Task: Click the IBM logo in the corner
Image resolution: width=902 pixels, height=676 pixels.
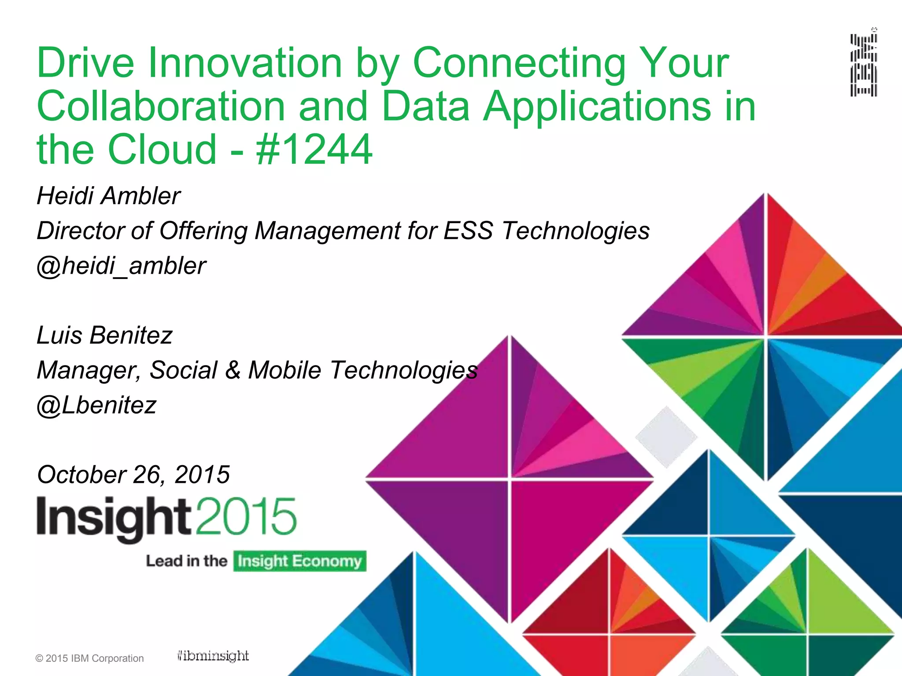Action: [x=864, y=65]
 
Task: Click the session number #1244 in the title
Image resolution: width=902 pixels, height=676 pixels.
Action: [x=314, y=150]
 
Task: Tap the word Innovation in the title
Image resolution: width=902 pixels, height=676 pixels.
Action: [x=245, y=63]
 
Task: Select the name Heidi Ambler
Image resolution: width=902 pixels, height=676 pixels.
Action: [x=108, y=196]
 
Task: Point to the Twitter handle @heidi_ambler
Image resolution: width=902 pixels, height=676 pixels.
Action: [x=121, y=266]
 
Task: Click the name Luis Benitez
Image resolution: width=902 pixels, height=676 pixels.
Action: [x=104, y=335]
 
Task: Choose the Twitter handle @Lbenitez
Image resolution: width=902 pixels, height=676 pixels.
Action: [x=96, y=405]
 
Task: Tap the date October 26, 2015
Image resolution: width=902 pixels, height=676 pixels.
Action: [x=133, y=474]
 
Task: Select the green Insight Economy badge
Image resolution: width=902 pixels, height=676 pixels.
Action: [x=299, y=561]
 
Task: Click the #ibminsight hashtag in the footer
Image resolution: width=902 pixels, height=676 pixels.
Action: [x=213, y=656]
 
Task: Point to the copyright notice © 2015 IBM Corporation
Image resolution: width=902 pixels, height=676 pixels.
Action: [x=89, y=658]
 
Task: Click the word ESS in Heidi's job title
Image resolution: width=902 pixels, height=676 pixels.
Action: [x=468, y=231]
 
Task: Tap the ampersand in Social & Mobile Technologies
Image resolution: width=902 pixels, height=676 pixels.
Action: [x=233, y=370]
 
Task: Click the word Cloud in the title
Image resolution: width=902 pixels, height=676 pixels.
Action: [x=162, y=150]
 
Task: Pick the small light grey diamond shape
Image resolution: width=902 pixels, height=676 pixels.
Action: [x=666, y=437]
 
